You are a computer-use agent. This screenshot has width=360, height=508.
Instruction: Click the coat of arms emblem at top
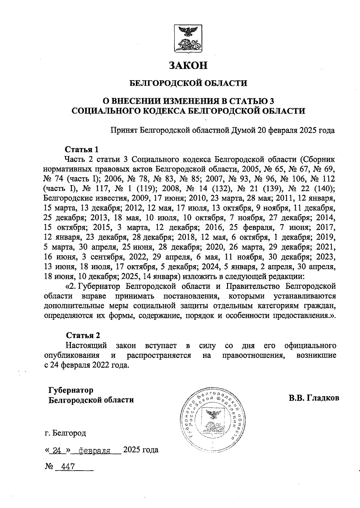point(188,38)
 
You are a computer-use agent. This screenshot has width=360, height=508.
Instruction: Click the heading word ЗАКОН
point(188,65)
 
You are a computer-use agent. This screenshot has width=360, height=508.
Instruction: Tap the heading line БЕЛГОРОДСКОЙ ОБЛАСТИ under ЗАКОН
point(188,83)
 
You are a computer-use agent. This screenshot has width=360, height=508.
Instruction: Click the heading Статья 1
point(82,149)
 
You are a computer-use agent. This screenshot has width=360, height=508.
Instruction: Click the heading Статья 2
point(83,335)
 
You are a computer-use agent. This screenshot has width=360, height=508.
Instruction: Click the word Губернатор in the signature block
point(71,390)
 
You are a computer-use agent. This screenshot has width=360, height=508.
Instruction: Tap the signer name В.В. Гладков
point(314,398)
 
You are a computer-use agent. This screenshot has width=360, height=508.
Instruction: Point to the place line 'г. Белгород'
point(65,433)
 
